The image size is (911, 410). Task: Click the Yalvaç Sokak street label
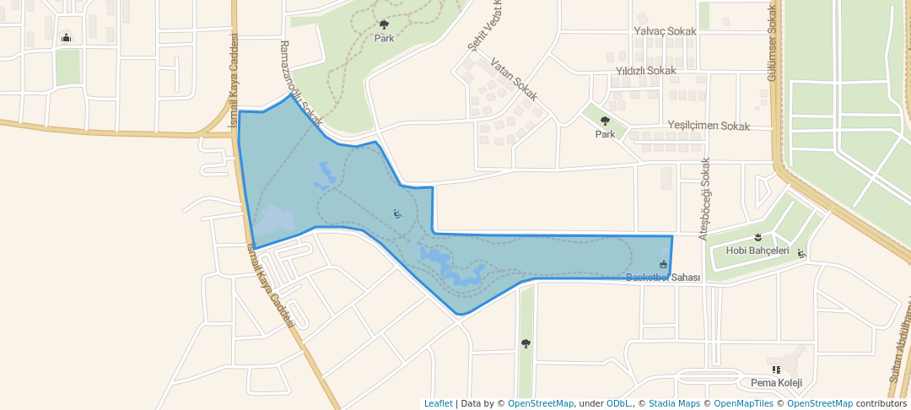(x=665, y=31)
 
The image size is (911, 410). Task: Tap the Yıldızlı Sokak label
(x=646, y=71)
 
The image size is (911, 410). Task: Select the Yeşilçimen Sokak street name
(x=709, y=126)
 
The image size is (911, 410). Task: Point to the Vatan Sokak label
(x=514, y=80)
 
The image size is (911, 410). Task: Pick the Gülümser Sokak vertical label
(x=771, y=42)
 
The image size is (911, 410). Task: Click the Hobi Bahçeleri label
(x=757, y=251)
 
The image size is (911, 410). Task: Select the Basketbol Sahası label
(x=664, y=278)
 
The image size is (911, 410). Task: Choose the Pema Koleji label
(x=775, y=383)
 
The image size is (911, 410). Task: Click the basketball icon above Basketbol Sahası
(x=663, y=264)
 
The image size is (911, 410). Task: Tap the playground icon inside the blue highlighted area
(x=397, y=213)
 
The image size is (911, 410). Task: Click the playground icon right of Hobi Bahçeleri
(x=801, y=252)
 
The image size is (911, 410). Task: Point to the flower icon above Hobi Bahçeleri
(x=757, y=237)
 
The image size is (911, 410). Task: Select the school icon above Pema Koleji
(x=775, y=369)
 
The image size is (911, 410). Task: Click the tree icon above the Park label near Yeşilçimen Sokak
(x=605, y=121)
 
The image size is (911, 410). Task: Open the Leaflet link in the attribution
(x=438, y=403)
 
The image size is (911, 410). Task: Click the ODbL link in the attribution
(x=618, y=403)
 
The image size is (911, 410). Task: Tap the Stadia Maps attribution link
(x=671, y=403)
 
